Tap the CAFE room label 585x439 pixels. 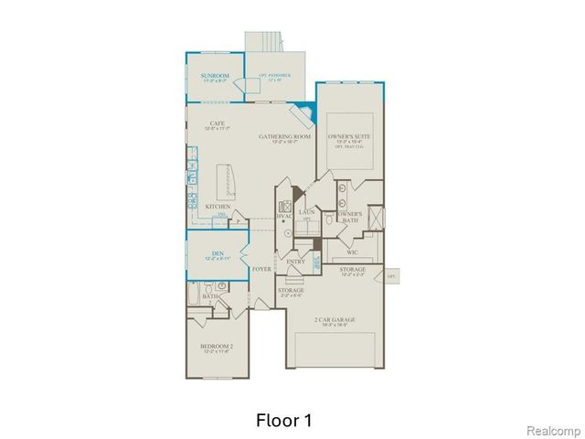coord(217,123)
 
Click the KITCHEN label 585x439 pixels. coord(217,208)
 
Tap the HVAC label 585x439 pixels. coord(283,216)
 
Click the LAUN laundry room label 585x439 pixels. coord(306,211)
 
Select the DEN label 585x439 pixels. coord(218,253)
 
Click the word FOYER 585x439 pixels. coord(262,269)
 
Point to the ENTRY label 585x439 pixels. coord(295,262)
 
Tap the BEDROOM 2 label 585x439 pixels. coord(218,346)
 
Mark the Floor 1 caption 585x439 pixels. coord(283,421)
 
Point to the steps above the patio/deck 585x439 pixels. coord(265,42)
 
